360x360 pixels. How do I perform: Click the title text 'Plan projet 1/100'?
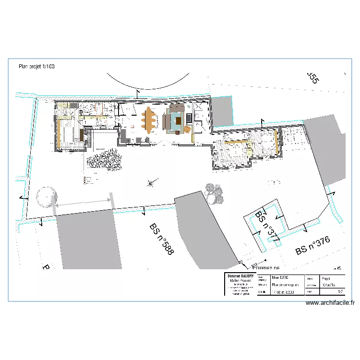36,67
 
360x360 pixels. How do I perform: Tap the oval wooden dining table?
149,120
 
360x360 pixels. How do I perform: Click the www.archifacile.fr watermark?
330,303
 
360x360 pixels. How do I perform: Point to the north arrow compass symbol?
152,182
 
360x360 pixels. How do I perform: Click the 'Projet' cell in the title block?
326,277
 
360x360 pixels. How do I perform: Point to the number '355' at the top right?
312,78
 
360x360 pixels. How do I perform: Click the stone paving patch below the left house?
103,158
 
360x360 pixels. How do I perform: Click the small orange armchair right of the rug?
187,129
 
